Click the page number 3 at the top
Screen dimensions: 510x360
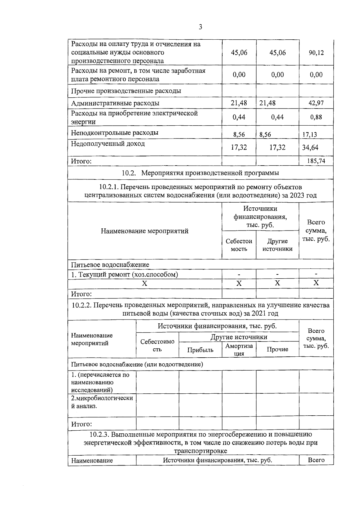pos(200,27)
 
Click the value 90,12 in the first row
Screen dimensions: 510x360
pos(316,53)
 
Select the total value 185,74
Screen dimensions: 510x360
pos(316,161)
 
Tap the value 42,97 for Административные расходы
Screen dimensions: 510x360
pos(316,103)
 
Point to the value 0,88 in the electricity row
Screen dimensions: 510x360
pos(316,117)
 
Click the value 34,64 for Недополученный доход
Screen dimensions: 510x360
pos(310,148)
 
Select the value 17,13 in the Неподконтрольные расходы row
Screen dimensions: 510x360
pos(309,135)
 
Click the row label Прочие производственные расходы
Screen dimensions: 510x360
pos(126,91)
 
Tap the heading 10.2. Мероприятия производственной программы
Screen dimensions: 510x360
pos(200,173)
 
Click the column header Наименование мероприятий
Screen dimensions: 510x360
pos(145,231)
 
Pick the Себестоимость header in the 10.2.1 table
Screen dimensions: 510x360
pos(239,245)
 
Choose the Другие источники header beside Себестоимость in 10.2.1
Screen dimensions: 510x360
pos(277,245)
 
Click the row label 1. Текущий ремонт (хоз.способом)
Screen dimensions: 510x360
pos(124,274)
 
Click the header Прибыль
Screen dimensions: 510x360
pos(200,350)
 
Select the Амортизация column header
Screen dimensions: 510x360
pos(239,350)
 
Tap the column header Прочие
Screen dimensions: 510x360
pos(277,349)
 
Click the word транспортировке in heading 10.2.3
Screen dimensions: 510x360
pos(200,451)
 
